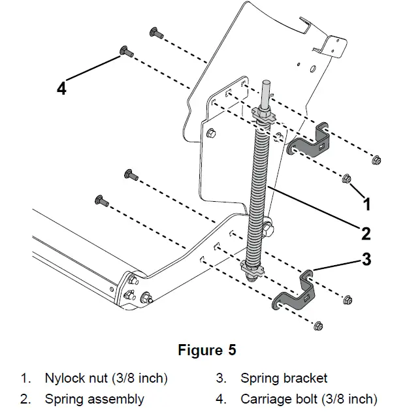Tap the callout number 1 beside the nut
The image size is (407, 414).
click(367, 204)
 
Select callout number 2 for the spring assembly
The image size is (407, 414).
click(366, 232)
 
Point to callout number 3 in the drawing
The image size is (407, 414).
click(366, 259)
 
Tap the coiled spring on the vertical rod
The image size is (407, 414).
click(260, 189)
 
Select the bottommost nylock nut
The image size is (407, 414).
click(318, 325)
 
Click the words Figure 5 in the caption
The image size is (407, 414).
click(206, 350)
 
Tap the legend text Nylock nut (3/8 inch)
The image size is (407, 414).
click(106, 378)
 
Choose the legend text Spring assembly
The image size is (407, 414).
click(94, 398)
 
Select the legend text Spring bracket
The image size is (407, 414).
click(284, 378)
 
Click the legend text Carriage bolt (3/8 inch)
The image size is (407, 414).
click(308, 398)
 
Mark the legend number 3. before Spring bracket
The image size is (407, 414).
click(221, 378)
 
